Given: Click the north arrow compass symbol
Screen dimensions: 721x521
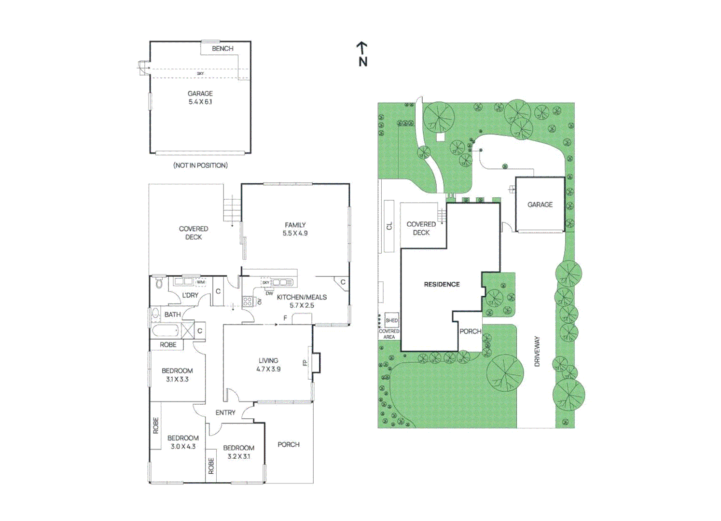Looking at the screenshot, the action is (x=363, y=54).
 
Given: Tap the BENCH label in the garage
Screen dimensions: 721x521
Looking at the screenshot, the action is (x=222, y=49).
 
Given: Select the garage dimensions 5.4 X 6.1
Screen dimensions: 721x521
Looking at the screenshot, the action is (x=200, y=102).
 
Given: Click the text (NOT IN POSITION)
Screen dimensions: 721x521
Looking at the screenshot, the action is (x=201, y=165).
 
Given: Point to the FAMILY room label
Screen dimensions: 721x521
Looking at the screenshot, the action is (x=295, y=225).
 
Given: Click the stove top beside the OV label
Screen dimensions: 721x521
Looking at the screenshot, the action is (x=247, y=302).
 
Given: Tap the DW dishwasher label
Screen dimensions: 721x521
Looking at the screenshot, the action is (x=269, y=293).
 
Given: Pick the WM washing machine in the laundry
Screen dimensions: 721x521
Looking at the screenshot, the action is (x=201, y=282).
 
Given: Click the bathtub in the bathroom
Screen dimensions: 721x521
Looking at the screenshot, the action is (x=165, y=330).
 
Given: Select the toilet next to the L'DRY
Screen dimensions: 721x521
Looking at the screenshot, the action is (x=159, y=284).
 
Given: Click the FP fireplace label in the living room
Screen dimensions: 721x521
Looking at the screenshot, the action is (x=305, y=363).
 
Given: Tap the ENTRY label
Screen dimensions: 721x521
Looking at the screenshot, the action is (x=225, y=412).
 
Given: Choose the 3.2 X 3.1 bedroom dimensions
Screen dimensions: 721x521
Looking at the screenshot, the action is (x=238, y=456).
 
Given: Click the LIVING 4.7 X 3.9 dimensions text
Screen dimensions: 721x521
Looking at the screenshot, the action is (x=268, y=369).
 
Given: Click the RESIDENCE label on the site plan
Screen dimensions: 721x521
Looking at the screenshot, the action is (x=442, y=285).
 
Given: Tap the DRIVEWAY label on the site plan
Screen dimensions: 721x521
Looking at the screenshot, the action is (x=537, y=351).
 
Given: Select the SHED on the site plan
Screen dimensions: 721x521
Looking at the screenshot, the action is (x=392, y=320).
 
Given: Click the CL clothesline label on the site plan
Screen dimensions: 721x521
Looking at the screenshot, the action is (x=389, y=226).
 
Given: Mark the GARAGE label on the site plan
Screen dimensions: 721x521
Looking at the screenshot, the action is (x=540, y=205).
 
